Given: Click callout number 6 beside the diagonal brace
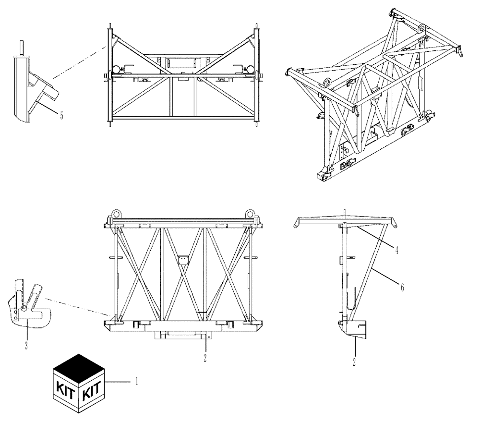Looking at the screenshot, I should click(402, 287).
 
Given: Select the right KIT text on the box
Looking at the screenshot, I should click(93, 393).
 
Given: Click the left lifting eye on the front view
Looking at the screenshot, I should click(116, 214).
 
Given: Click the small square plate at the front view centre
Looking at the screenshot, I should click(183, 260).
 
